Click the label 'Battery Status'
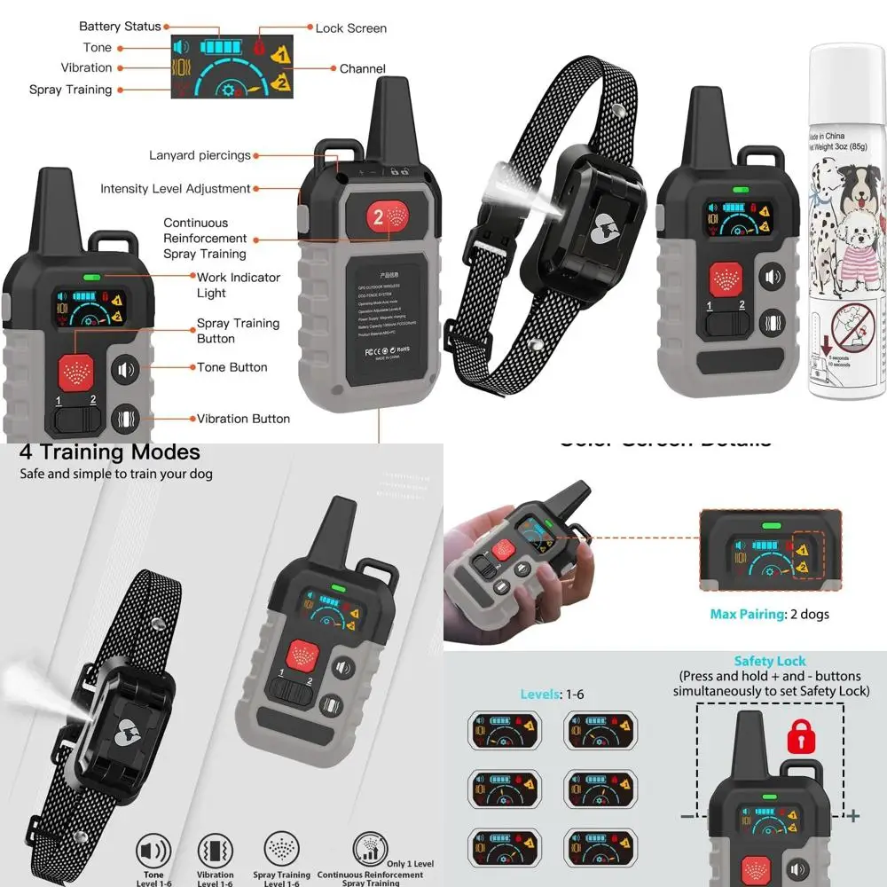[x=120, y=27]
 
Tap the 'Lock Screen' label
[x=350, y=28]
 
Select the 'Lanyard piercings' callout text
[x=200, y=156]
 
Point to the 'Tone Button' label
[x=232, y=367]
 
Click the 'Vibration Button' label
[x=243, y=419]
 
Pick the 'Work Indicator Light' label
[x=238, y=285]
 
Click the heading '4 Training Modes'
[x=110, y=452]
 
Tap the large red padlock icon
[x=801, y=737]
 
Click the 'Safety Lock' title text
[x=770, y=662]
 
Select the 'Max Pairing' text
[x=769, y=614]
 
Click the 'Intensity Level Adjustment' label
[x=176, y=189]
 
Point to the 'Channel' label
[x=363, y=69]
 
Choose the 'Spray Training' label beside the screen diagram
[x=70, y=90]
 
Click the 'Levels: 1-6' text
[x=553, y=694]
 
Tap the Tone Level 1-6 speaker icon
[x=153, y=852]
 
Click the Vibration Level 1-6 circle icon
[x=216, y=852]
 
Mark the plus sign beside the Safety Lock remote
[x=853, y=815]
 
